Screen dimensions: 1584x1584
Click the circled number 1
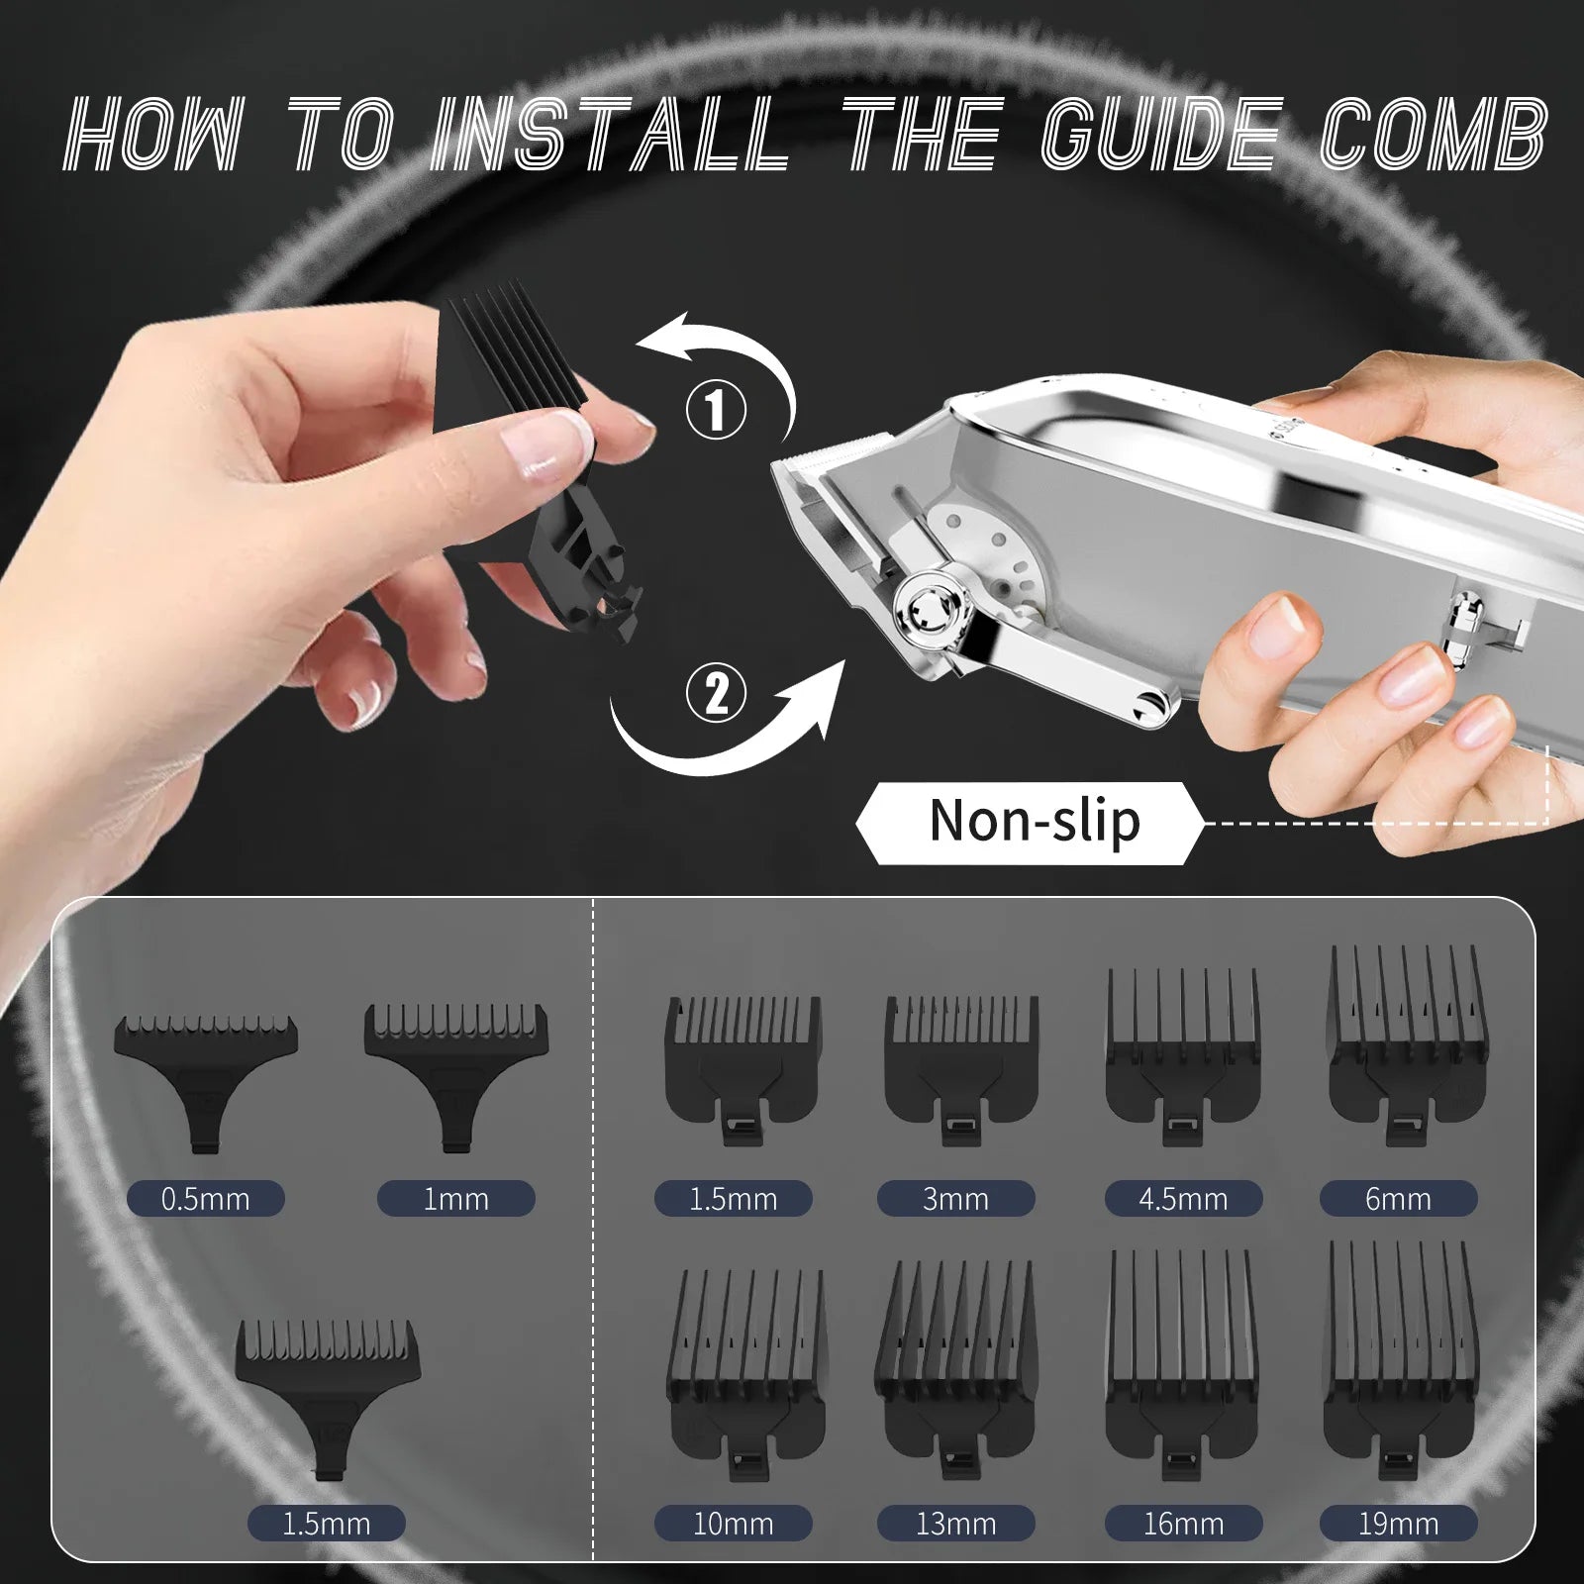tap(716, 410)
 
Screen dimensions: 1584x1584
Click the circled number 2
tap(716, 692)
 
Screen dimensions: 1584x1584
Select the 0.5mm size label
tap(206, 1199)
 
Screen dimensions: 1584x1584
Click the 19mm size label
tap(1398, 1524)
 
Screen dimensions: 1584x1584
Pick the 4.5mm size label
tap(1183, 1199)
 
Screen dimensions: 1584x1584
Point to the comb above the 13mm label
tap(956, 1371)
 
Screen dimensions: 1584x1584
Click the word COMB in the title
tap(1433, 135)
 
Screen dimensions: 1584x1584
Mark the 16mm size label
tap(1183, 1524)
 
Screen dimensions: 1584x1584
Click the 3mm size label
tap(956, 1199)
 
